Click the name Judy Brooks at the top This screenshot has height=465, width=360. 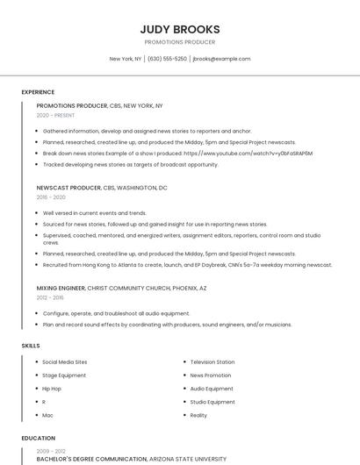click(179, 29)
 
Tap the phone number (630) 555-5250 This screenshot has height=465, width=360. click(167, 59)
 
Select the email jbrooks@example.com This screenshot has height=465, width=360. click(221, 59)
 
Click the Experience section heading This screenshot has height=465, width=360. click(38, 91)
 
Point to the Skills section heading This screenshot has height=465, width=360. click(30, 346)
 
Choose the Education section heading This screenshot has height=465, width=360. click(38, 438)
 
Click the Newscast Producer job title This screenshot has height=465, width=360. click(68, 188)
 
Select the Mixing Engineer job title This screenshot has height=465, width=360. click(61, 288)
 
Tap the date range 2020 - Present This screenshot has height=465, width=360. click(55, 115)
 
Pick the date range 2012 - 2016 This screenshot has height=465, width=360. click(51, 297)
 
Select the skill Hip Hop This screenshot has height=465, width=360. click(52, 389)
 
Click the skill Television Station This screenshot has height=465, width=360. click(212, 362)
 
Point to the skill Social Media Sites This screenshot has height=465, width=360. click(65, 362)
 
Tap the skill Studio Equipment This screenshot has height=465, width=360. click(212, 402)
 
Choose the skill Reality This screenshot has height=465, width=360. click(198, 415)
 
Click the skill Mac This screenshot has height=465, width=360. click(47, 415)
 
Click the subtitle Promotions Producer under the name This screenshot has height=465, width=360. click(179, 42)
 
